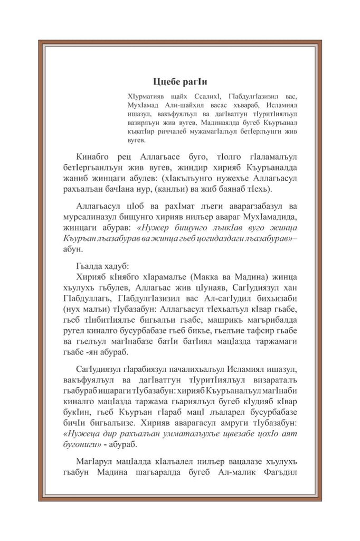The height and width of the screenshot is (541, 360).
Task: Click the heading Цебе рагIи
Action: click(180, 82)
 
